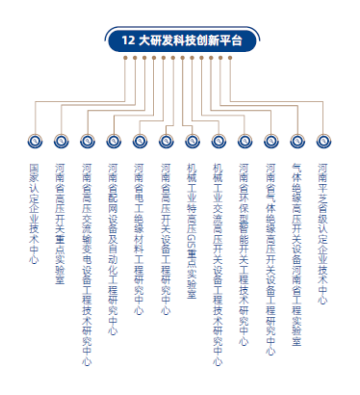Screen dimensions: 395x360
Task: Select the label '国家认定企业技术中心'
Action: point(35,208)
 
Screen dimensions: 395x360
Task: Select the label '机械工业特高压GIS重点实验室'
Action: point(192,227)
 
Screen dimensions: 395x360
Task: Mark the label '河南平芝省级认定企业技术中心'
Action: point(322,227)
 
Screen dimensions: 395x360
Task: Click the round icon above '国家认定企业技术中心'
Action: point(35,141)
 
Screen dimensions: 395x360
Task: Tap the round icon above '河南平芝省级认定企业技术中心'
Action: point(322,141)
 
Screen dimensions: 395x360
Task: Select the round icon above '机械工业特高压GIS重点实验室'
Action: point(192,141)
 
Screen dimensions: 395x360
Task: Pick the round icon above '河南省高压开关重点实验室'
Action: point(61,141)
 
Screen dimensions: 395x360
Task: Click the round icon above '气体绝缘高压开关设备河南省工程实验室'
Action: point(296,141)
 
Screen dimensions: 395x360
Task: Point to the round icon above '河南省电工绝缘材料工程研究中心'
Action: point(140,141)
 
